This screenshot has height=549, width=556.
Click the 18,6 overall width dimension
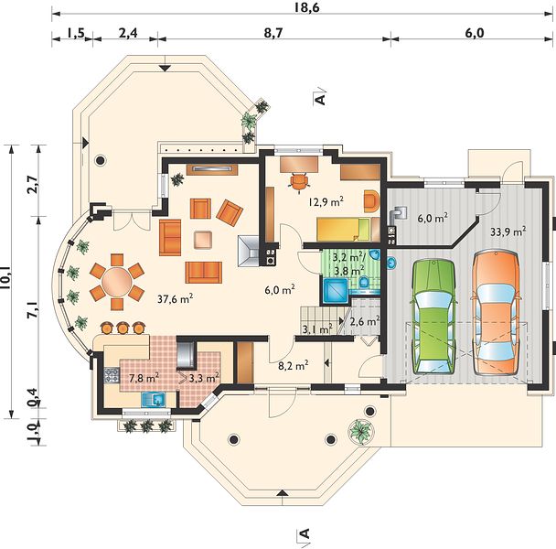[x=307, y=7]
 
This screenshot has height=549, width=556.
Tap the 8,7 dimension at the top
[x=273, y=33]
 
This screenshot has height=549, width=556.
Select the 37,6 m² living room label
[x=176, y=299]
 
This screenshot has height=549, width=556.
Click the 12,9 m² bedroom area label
[x=326, y=202]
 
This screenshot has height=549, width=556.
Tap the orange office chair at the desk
[x=300, y=182]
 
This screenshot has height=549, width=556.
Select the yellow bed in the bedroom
[x=343, y=230]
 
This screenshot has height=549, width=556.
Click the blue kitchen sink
[x=154, y=399]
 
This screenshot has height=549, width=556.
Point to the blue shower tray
[x=336, y=291]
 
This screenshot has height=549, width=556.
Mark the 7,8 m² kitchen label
[x=144, y=378]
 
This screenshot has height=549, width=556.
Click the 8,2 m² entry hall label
[x=293, y=365]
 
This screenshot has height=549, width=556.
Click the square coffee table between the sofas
[x=203, y=240]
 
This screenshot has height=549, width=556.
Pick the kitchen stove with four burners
[x=112, y=375]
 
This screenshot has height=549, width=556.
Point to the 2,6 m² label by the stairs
[x=365, y=321]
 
